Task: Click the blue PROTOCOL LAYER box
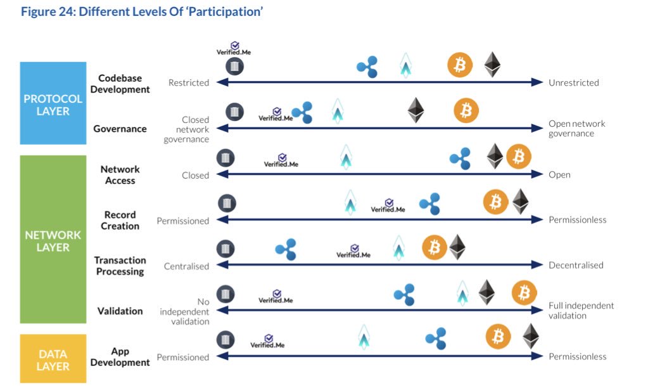[53, 103]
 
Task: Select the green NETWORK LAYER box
[53, 240]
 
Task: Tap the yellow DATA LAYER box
[53, 359]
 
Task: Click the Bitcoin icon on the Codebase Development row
[460, 65]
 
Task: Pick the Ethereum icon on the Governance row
[416, 110]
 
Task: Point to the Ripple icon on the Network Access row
[460, 158]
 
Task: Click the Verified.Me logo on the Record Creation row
[388, 204]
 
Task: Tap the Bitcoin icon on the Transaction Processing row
[435, 247]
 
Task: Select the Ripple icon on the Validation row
[403, 294]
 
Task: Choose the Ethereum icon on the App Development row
[531, 336]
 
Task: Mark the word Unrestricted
[573, 82]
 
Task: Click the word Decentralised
[576, 265]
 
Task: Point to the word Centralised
[186, 266]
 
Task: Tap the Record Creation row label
[120, 220]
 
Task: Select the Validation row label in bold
[120, 311]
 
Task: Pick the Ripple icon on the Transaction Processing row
[286, 249]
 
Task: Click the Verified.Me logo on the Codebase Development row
[234, 48]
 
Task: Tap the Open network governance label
[576, 129]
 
